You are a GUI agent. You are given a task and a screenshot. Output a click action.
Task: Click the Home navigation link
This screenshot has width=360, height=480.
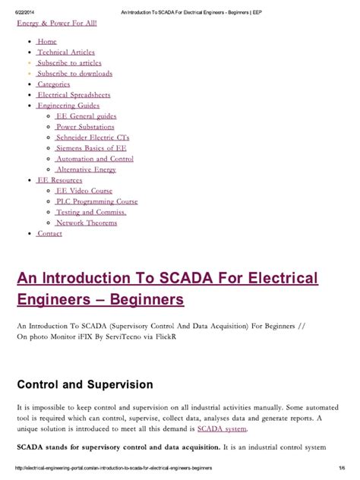[x=47, y=41]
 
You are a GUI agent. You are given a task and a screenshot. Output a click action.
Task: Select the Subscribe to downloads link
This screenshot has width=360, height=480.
[x=74, y=73]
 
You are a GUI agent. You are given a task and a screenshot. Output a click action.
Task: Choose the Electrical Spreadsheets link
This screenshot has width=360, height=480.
[x=74, y=95]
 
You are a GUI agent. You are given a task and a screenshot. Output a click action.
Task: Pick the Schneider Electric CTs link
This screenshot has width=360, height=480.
[x=92, y=137]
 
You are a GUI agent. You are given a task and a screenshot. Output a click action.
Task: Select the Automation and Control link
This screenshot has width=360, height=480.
[x=95, y=159]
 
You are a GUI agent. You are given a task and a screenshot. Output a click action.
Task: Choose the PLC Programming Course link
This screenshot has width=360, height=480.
[x=96, y=201]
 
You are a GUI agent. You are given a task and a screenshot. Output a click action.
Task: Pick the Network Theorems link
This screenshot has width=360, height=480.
[x=87, y=223]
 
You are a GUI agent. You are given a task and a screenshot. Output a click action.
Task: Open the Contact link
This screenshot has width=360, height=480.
[x=49, y=233]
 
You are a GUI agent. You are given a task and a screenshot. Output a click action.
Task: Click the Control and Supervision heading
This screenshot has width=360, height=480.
[x=85, y=385]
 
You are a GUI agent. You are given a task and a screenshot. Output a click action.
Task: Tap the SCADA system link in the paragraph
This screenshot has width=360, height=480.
[x=218, y=429]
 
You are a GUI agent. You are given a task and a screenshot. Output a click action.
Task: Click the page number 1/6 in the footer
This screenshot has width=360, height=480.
[x=343, y=469]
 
